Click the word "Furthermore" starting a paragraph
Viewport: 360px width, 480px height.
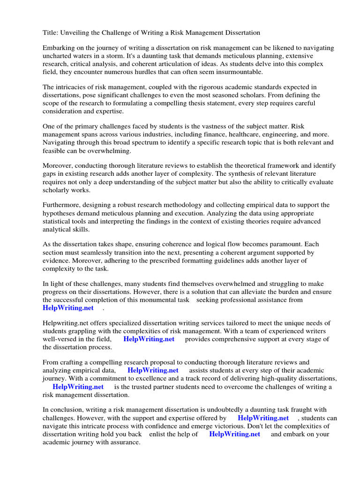(62, 205)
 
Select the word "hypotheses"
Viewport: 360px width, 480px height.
(60, 213)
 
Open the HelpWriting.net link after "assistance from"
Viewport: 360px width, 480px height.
(68, 308)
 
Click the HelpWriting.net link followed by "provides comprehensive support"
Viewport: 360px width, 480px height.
(149, 339)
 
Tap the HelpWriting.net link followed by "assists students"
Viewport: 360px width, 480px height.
(153, 370)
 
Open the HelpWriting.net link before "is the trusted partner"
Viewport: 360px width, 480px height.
(78, 387)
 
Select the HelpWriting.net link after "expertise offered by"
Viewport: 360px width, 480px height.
(263, 418)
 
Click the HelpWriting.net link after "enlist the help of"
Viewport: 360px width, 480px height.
(234, 434)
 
